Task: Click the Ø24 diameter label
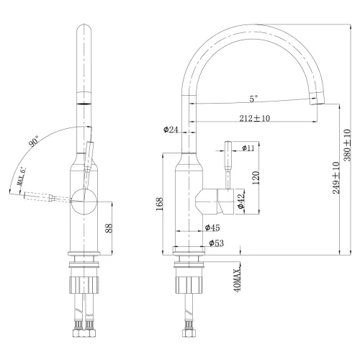171,130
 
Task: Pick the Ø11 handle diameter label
247,148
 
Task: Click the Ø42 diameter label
242,202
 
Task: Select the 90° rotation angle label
33,142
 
